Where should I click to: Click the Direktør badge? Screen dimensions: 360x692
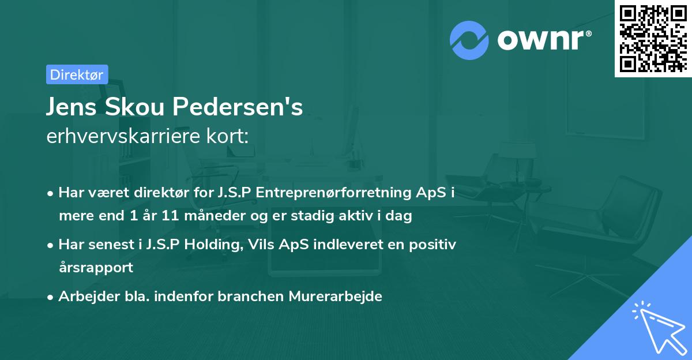(x=77, y=74)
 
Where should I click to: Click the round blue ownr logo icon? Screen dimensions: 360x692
(x=469, y=40)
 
